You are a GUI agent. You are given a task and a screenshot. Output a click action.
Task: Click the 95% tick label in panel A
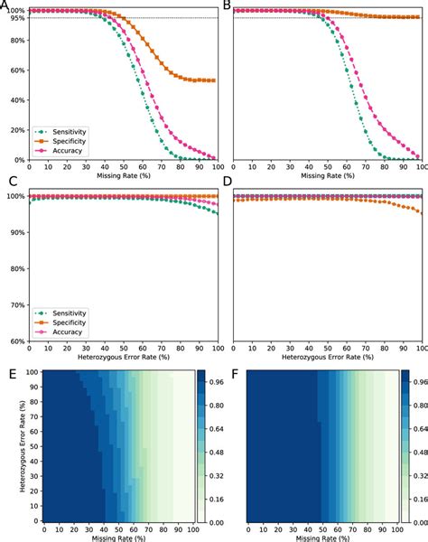(x=17, y=18)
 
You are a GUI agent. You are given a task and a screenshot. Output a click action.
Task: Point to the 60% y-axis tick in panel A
(x=17, y=70)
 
